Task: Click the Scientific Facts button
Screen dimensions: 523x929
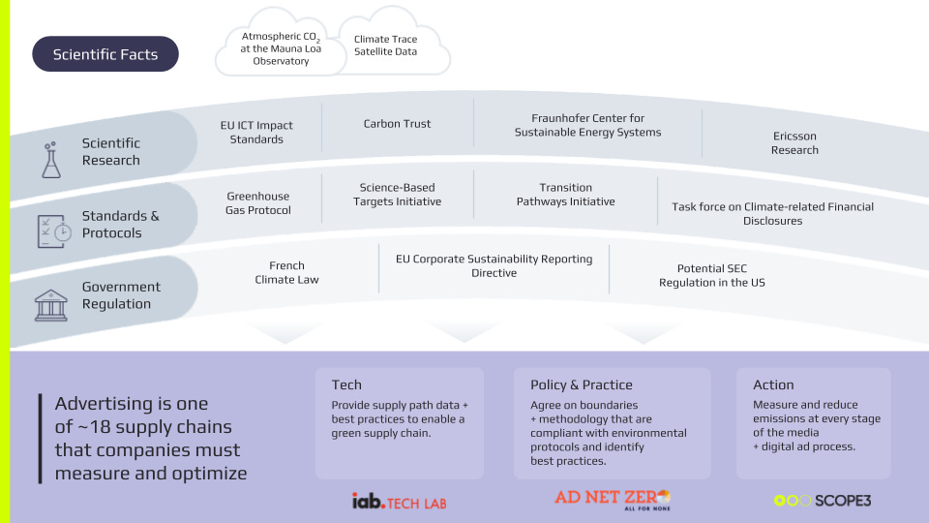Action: click(x=105, y=54)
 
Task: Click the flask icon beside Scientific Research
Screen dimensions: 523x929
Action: click(x=50, y=160)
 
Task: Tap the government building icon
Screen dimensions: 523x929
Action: click(x=51, y=303)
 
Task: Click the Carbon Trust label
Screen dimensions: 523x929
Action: click(x=397, y=124)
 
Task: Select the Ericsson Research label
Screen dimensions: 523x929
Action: click(x=794, y=143)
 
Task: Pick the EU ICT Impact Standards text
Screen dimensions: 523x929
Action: click(x=256, y=132)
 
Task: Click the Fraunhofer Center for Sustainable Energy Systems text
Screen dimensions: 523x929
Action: click(x=587, y=125)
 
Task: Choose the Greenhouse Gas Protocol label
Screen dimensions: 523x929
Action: click(x=258, y=203)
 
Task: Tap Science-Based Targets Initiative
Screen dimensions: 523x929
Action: click(x=397, y=195)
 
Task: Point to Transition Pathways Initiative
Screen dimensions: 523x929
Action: click(x=565, y=195)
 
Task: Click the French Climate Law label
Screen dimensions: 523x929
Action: click(x=286, y=272)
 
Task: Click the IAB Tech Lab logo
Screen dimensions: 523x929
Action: click(x=399, y=501)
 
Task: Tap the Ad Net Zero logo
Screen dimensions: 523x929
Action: click(x=612, y=499)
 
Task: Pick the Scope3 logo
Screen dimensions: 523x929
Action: click(x=823, y=501)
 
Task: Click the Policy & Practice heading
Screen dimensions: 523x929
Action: click(x=581, y=385)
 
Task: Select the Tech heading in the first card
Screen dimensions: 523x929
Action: click(x=346, y=385)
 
